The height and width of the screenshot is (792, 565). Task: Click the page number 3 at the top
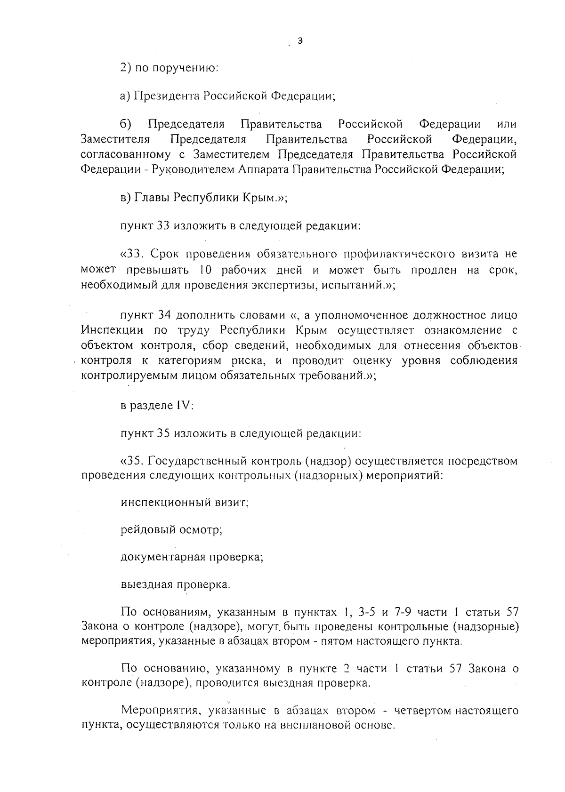300,41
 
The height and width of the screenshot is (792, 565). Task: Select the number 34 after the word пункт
162,315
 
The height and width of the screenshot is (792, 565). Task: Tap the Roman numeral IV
184,406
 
